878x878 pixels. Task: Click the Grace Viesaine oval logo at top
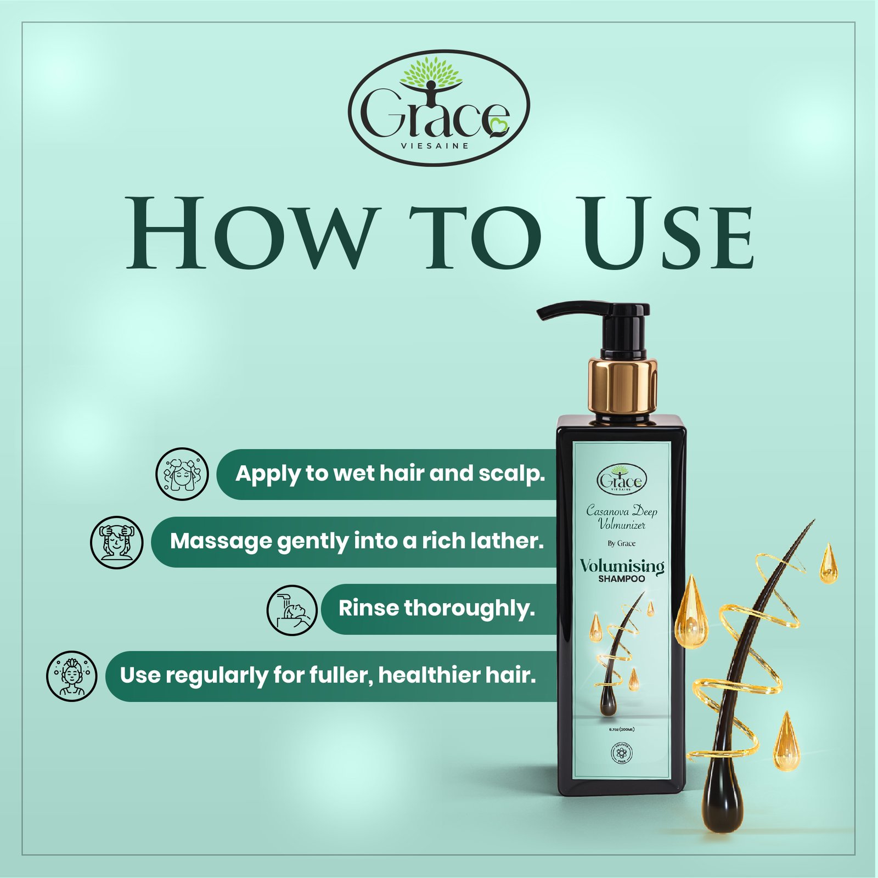[439, 108]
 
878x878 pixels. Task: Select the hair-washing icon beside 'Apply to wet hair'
[183, 474]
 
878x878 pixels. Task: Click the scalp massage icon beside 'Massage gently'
[116, 542]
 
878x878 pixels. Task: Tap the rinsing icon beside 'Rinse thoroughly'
[292, 610]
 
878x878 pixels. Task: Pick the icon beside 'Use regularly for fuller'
[71, 676]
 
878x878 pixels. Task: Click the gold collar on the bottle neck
[623, 384]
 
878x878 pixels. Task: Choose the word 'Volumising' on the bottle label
[622, 566]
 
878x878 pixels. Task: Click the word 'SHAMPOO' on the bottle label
[622, 579]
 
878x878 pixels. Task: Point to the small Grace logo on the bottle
[622, 480]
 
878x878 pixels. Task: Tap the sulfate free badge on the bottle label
[621, 753]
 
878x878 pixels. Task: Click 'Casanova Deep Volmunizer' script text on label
[622, 517]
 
